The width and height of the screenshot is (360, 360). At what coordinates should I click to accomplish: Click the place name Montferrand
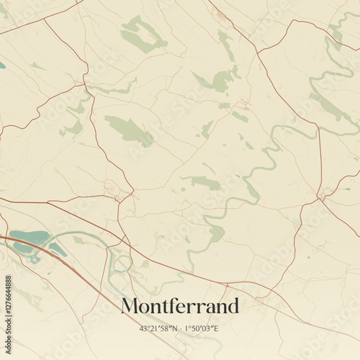click(x=180, y=306)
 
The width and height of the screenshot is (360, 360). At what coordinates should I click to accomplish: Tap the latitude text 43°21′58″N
click(x=161, y=328)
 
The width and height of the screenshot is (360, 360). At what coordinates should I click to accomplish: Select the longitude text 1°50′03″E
click(x=202, y=328)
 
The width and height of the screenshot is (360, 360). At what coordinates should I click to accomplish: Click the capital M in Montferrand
click(x=130, y=306)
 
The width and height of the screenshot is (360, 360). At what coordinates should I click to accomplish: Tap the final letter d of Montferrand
click(x=233, y=306)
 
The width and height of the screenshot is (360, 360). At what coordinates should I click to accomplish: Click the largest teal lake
click(x=27, y=238)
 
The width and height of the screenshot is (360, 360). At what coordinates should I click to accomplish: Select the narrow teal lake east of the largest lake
click(x=57, y=250)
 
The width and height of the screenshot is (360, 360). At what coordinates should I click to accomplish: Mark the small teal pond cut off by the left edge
click(x=2, y=65)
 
